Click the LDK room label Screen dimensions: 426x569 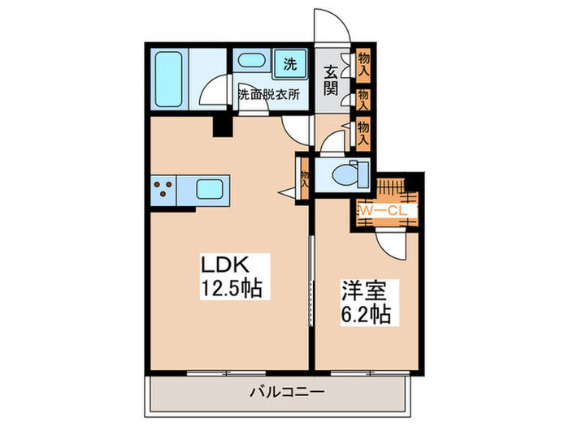coord(229,265)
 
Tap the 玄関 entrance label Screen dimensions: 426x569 coord(333,80)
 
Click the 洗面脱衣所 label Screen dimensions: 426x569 coord(268,94)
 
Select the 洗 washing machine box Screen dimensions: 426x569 coord(290,62)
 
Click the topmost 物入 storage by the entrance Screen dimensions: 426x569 coord(363,62)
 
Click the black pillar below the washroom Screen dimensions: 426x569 coord(220,125)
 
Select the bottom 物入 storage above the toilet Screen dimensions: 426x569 coord(363,131)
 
